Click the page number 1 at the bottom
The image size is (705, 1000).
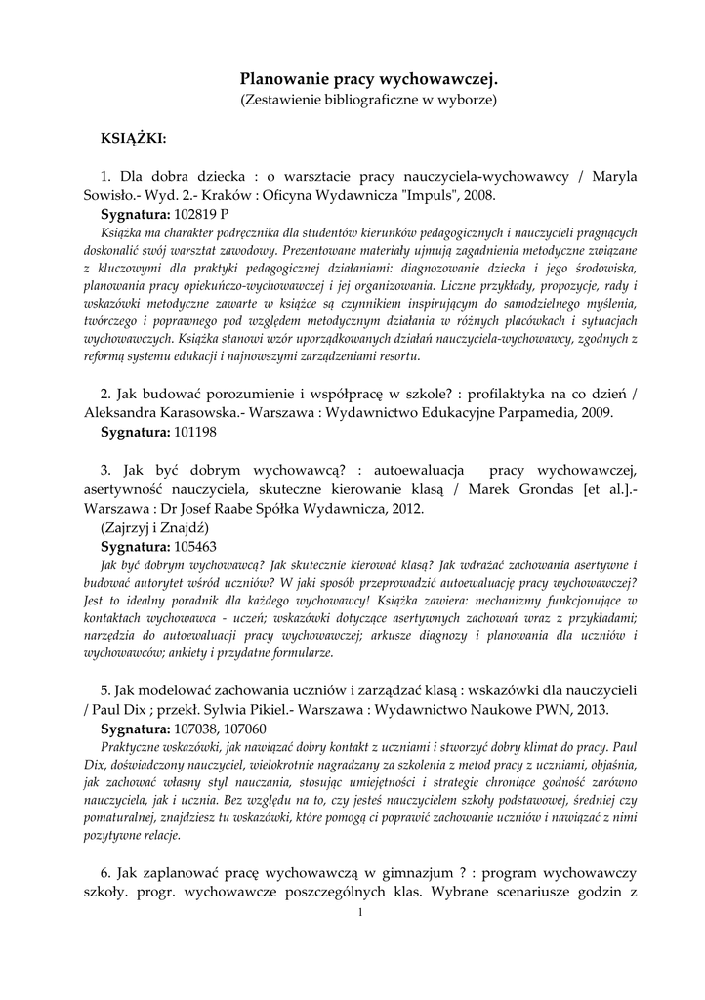360,912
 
